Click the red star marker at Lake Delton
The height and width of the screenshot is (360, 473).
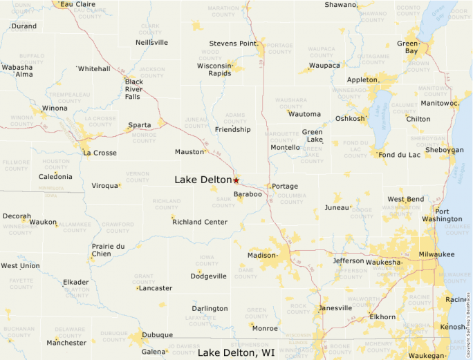pos(236,180)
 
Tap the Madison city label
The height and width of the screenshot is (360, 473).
pos(261,256)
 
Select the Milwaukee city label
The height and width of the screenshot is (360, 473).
pos(436,254)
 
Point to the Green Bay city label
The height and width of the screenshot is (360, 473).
pos(407,48)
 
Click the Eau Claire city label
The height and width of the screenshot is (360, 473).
pos(77,4)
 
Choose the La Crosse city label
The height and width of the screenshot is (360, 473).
pos(100,153)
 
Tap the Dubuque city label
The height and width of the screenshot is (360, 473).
pos(157,335)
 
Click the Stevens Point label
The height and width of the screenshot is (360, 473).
pos(234,44)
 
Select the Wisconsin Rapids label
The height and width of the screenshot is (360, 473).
pos(214,69)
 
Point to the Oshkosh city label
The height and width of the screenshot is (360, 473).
pos(350,118)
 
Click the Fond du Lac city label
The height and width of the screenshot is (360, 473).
pos(400,155)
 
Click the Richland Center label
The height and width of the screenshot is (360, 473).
pos(200,222)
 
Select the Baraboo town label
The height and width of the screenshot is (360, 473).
pos(248,195)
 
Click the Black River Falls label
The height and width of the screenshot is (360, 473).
pos(133,89)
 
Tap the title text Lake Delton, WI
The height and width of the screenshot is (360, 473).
pos(236,353)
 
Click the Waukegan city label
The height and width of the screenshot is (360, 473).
pos(427,355)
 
